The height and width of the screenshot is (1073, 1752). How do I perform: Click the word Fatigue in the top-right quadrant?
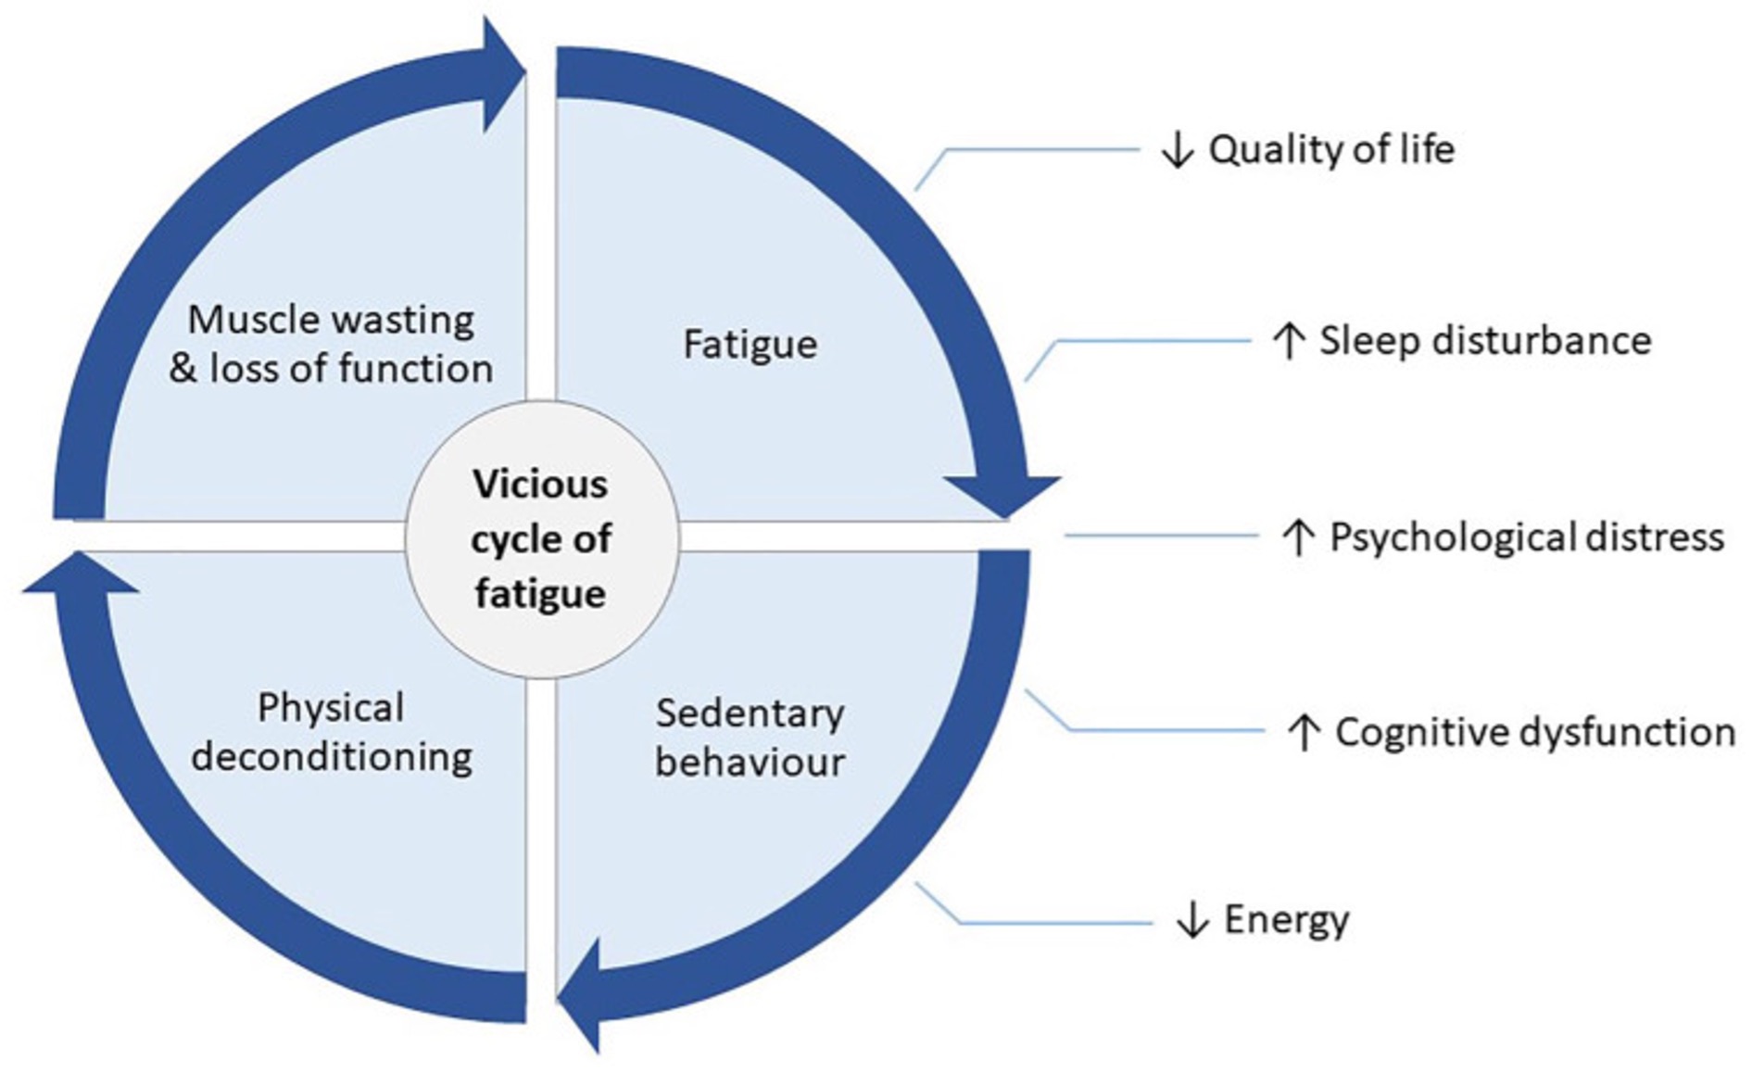coord(750,345)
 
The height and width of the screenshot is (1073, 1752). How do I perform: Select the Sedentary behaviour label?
coord(750,738)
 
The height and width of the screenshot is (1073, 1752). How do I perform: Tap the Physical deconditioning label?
coord(331,732)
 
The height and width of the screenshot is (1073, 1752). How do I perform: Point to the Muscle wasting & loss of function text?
coord(331,344)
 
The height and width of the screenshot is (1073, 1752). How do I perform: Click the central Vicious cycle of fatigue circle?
coord(542,538)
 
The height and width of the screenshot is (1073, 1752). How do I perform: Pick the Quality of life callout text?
coord(1330,150)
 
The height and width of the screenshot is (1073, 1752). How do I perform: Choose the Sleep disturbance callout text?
coord(1484,341)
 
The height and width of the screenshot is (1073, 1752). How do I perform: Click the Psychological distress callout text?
coord(1526,537)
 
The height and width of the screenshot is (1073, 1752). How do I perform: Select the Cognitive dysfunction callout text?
coord(1534,733)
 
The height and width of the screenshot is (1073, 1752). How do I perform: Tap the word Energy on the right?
coord(1286,920)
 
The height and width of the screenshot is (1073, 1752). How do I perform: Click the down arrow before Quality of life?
coord(1177,150)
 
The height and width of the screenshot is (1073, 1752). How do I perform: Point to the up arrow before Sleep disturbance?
coord(1288,341)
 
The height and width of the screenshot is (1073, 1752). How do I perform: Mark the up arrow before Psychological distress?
coord(1298,537)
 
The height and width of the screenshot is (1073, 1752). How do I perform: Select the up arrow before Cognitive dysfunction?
coord(1304,733)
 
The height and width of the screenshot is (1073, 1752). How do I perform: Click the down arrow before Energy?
coord(1191,920)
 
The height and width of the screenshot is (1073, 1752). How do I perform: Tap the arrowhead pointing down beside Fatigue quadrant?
coord(1003,495)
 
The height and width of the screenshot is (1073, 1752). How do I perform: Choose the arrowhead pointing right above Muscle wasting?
coord(503,72)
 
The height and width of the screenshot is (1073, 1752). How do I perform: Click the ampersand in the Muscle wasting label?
coord(183,369)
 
